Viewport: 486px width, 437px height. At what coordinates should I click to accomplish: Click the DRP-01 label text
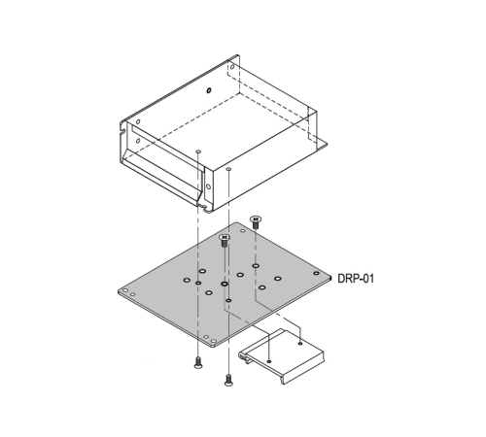click(x=356, y=279)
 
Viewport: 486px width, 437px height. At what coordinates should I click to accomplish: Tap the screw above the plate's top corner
click(x=256, y=222)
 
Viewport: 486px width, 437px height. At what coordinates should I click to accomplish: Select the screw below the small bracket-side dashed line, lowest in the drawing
click(x=228, y=380)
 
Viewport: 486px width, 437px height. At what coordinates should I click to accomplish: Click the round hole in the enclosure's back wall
click(x=209, y=89)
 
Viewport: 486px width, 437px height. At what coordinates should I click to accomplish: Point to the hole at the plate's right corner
click(x=316, y=273)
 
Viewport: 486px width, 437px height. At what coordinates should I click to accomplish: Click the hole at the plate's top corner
click(x=243, y=231)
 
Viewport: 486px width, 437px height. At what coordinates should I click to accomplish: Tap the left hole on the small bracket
click(x=268, y=361)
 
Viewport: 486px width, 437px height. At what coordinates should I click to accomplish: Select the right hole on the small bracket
click(x=300, y=343)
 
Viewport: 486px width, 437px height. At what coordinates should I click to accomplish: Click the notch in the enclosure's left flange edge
click(x=122, y=132)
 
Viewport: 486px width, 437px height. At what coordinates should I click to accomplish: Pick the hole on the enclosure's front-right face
click(x=208, y=186)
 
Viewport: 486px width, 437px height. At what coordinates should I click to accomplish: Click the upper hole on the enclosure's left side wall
click(x=138, y=122)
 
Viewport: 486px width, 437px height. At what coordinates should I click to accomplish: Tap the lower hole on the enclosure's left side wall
click(x=138, y=141)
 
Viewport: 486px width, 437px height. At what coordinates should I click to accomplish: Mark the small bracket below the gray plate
click(x=281, y=356)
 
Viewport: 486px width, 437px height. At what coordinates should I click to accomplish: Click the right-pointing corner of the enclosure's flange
click(x=327, y=145)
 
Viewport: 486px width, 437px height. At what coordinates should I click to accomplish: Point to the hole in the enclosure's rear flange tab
click(x=232, y=67)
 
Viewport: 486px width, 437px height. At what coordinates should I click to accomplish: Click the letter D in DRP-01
click(x=341, y=279)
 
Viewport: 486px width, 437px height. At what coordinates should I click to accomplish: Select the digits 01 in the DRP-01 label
click(x=367, y=279)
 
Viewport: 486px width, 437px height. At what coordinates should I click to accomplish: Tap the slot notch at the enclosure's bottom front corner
click(x=203, y=207)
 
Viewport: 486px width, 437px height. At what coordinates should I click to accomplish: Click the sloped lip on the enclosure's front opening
click(x=163, y=177)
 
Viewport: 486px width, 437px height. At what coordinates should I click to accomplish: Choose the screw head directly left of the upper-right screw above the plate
click(x=225, y=238)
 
